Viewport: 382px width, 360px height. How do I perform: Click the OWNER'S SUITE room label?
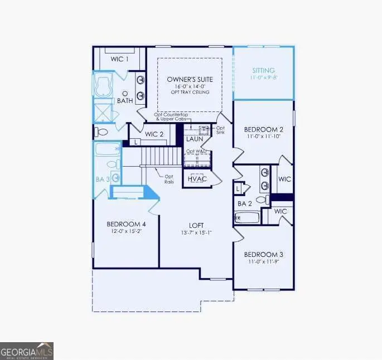189,80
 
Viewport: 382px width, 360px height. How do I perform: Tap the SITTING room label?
263,71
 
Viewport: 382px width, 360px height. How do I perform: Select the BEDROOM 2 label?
263,129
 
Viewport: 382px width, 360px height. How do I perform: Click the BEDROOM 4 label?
126,225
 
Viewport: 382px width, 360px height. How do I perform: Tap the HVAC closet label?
197,178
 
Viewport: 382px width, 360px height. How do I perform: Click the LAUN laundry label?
194,139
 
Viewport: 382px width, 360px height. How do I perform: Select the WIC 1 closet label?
120,59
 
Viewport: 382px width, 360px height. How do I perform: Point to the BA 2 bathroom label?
245,204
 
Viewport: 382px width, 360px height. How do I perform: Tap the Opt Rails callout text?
168,179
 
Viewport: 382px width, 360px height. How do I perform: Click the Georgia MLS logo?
27,351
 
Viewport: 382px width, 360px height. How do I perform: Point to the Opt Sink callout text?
220,131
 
